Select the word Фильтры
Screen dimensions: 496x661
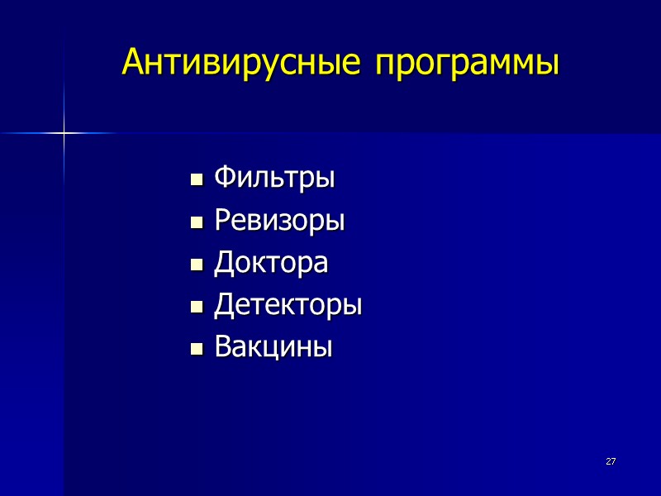pos(274,178)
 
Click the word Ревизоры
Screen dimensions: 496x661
pos(279,221)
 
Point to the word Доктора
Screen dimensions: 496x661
pos(271,263)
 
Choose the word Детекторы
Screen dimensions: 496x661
pos(288,306)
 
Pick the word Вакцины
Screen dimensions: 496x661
pos(273,347)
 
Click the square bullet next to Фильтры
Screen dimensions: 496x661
pos(197,179)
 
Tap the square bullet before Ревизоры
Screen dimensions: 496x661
pos(197,222)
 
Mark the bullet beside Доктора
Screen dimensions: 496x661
pos(197,265)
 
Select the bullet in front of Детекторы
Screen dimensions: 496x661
pos(197,308)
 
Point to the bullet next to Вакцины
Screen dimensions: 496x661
pos(197,350)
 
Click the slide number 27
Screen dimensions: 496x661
pos(611,460)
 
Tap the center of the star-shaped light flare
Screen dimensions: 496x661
pos(64,132)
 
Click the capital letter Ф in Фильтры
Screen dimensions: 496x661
pos(223,177)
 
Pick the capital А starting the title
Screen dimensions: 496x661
pos(132,62)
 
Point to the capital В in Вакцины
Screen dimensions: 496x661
pos(222,346)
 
